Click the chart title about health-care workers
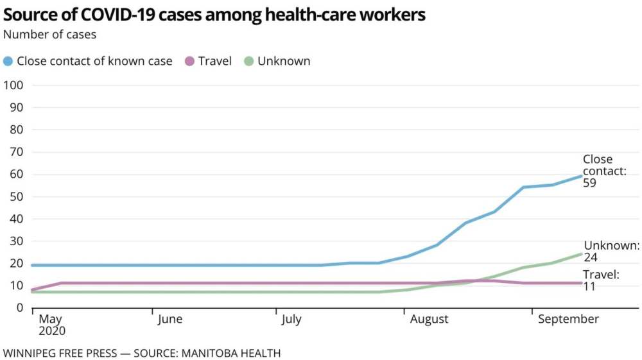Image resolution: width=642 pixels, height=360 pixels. [214, 15]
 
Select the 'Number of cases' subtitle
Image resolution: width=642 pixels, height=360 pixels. [50, 35]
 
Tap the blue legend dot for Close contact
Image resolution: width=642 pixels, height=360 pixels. [8, 62]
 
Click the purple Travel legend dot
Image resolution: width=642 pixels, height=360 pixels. [189, 62]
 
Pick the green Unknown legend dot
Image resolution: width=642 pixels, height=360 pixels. [248, 62]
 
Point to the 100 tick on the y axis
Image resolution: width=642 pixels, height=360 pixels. [14, 85]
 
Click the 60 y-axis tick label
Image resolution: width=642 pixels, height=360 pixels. [17, 175]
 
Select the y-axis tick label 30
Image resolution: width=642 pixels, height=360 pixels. [17, 241]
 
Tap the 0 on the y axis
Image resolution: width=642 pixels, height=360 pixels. [20, 308]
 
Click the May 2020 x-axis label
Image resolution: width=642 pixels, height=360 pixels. [52, 325]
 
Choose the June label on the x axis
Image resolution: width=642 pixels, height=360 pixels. [169, 320]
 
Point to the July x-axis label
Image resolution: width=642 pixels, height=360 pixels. [291, 320]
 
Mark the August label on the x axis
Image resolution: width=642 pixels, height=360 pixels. [429, 320]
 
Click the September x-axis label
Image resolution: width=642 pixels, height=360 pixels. [568, 320]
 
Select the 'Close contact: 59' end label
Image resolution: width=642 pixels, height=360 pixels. [603, 171]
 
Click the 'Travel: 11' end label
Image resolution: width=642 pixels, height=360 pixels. [601, 280]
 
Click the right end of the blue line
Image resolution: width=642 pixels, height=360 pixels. [581, 176]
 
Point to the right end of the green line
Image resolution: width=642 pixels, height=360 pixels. [581, 254]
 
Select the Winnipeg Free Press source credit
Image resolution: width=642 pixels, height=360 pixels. [142, 353]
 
